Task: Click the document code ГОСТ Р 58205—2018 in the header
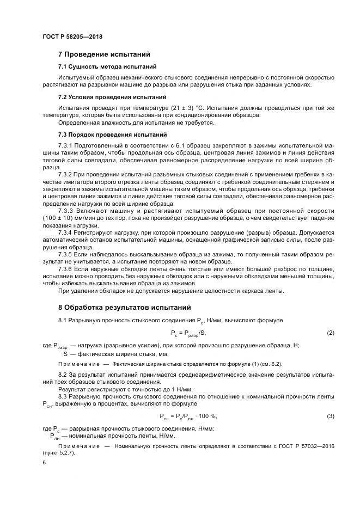pos(72,36)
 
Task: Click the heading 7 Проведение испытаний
pos(104,54)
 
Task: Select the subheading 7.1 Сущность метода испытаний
pos(107,66)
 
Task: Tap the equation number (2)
pos(330,333)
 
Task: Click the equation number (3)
pos(330,416)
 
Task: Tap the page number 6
pos(44,462)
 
